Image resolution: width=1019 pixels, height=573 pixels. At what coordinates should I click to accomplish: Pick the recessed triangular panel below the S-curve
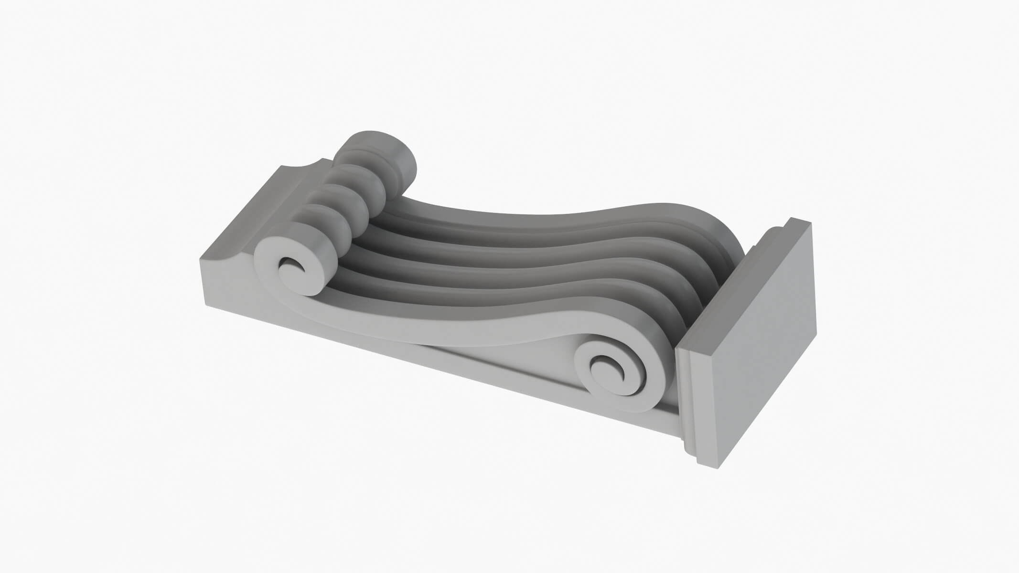(x=502, y=363)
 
